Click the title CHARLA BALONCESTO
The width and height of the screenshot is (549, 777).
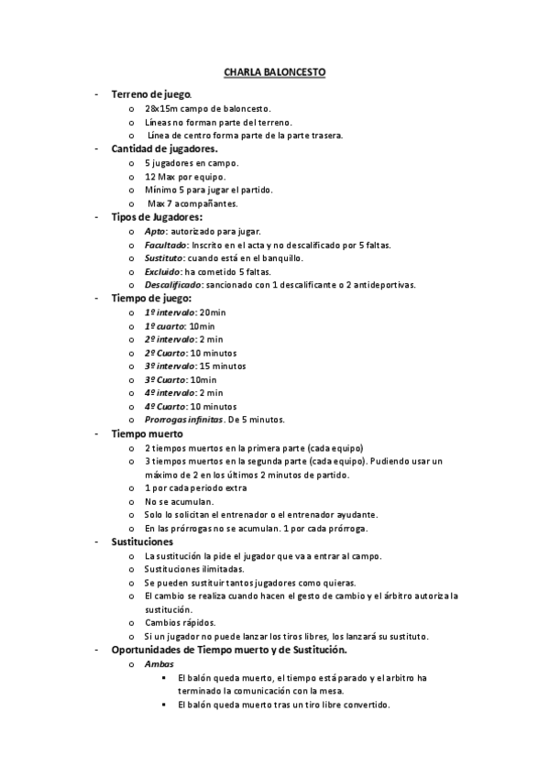[274, 71]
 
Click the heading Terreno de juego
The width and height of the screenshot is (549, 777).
[151, 94]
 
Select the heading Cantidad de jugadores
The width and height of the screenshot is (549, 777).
[164, 148]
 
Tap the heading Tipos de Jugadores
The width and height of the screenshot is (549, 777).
[157, 217]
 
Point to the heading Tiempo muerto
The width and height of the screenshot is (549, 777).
[147, 432]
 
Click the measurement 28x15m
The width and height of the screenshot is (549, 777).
[160, 108]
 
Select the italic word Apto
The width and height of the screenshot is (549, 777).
[154, 231]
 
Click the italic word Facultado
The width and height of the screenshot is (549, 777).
[166, 245]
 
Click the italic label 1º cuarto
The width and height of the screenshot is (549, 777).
[163, 326]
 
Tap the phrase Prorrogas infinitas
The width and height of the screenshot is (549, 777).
[183, 420]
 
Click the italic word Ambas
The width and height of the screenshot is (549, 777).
[159, 664]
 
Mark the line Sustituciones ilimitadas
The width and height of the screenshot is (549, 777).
[194, 569]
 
